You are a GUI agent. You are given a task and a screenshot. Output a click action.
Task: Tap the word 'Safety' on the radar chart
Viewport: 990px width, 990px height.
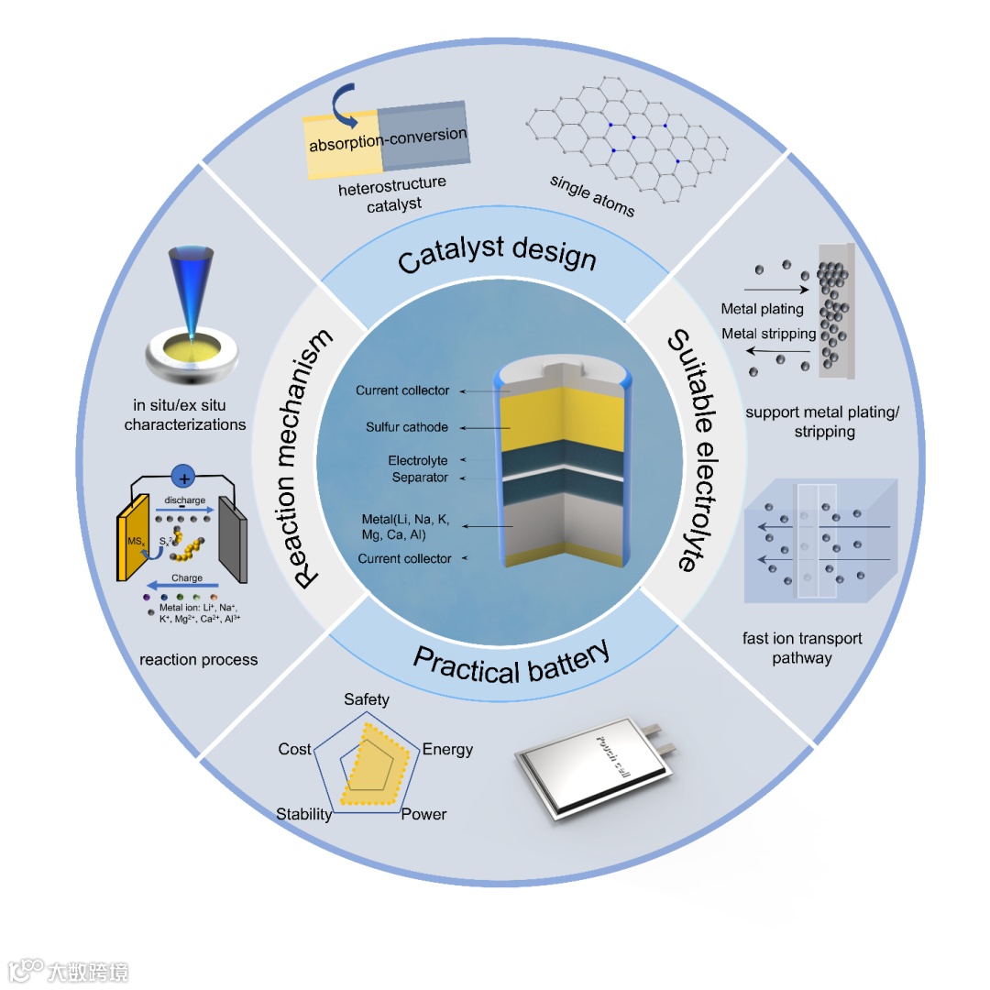pos(367,699)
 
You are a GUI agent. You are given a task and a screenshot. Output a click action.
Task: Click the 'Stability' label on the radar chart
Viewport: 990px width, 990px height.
pos(303,814)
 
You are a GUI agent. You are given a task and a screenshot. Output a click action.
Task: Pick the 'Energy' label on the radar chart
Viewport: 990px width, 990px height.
pos(447,749)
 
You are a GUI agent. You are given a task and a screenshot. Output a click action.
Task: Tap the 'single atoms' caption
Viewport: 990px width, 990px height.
pos(591,195)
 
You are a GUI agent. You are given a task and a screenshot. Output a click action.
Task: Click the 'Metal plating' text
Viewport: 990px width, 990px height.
pos(762,309)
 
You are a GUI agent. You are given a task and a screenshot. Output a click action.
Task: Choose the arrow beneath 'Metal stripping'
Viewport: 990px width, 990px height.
pos(780,350)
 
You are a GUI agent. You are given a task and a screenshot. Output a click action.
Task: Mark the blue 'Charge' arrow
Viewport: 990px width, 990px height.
pos(184,583)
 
